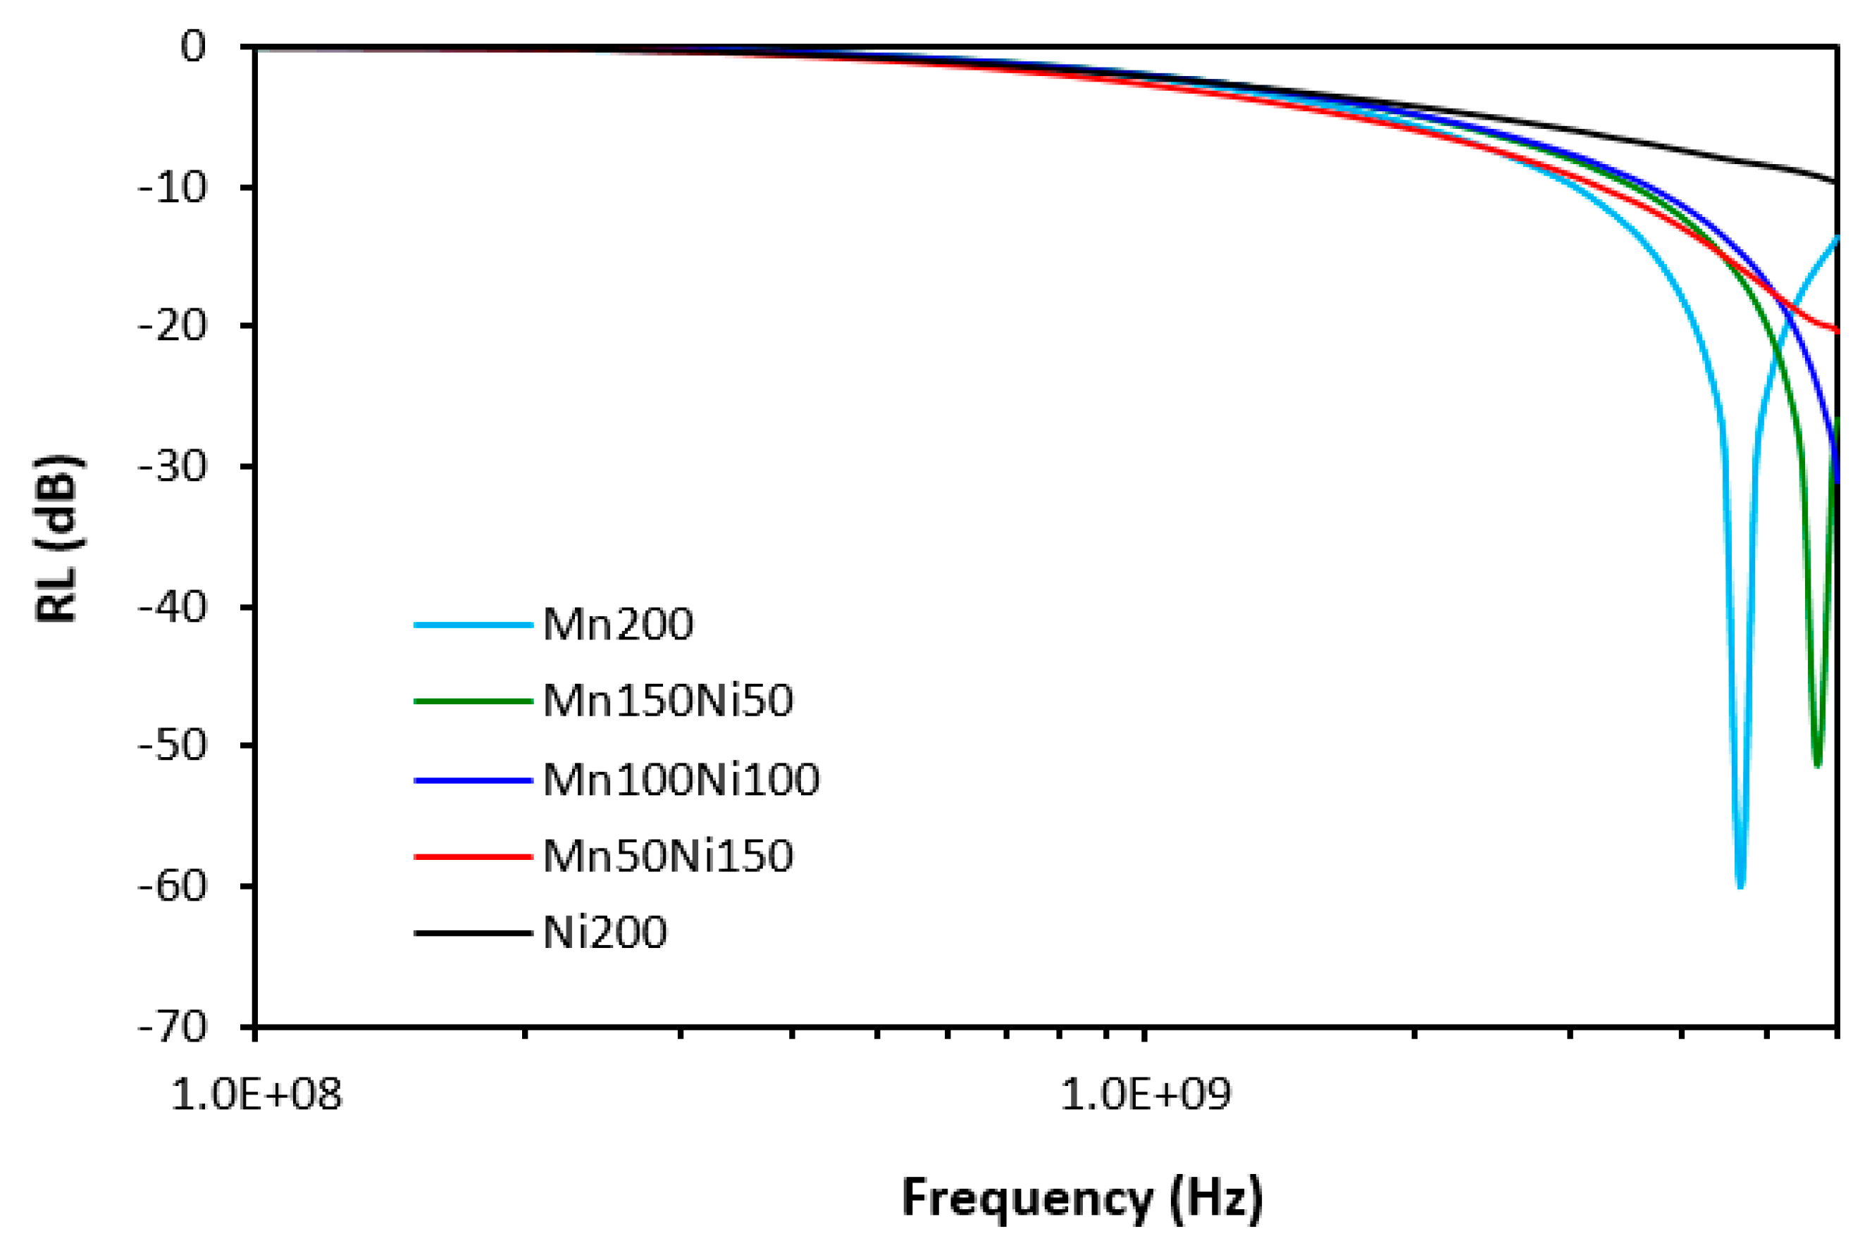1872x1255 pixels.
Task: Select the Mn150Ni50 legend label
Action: coord(667,701)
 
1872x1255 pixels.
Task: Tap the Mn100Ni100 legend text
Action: coord(681,780)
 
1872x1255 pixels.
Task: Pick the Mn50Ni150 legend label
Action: coord(667,856)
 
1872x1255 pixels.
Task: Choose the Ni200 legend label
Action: coord(605,933)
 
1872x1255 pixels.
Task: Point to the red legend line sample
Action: coord(473,856)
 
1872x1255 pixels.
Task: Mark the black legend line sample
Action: coord(473,933)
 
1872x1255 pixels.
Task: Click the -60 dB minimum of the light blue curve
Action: coord(1739,885)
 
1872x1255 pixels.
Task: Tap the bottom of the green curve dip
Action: coord(1817,764)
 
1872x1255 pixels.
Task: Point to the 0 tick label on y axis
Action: coord(193,47)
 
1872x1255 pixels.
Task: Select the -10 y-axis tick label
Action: coord(172,187)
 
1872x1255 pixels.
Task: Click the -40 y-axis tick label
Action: coord(172,608)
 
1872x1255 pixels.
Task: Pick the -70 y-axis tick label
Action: coord(172,1027)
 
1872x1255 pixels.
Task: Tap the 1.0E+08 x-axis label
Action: coord(256,1094)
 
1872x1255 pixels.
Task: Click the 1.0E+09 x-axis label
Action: coord(1145,1094)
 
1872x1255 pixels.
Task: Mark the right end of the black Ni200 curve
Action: coord(1835,181)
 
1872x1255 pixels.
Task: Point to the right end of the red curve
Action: coord(1835,330)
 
